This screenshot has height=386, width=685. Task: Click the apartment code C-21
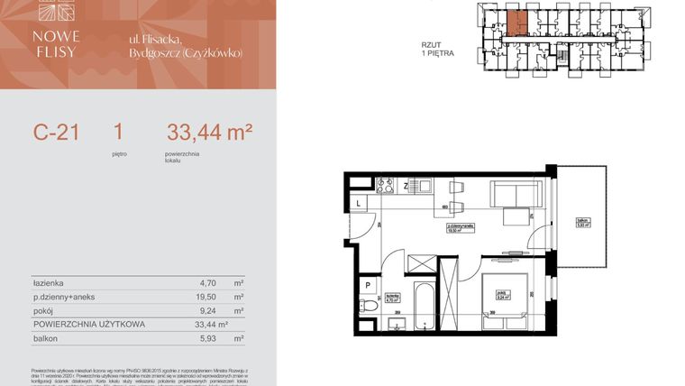(57, 133)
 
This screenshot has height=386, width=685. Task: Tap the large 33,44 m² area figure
(208, 133)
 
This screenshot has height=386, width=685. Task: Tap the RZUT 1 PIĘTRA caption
(437, 49)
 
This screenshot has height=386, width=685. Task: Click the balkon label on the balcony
(583, 222)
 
